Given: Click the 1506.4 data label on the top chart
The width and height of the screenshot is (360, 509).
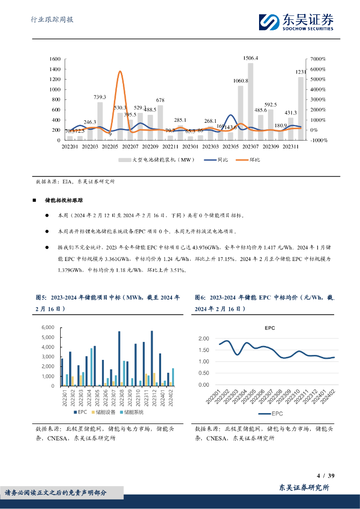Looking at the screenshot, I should pos(250,58).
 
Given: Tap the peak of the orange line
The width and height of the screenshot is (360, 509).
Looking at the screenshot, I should pos(120,72).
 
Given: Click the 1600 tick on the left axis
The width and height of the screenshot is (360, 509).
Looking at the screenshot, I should pos(55,59).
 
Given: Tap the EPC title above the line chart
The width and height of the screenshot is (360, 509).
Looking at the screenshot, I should pos(269,328).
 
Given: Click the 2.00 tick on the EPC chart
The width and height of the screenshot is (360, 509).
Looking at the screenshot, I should pos(203,339).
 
